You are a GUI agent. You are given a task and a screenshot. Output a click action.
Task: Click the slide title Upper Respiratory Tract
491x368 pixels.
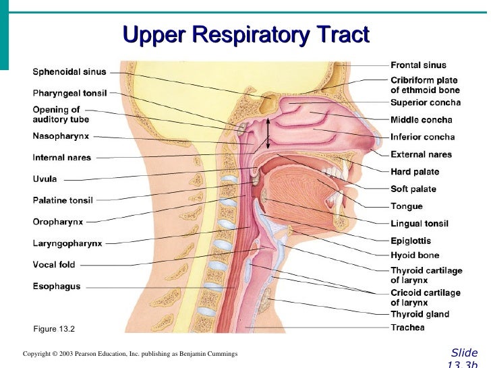246,34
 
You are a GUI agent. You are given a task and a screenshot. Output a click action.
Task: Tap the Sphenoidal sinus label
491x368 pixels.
69,71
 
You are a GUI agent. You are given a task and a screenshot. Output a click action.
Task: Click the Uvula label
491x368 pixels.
45,179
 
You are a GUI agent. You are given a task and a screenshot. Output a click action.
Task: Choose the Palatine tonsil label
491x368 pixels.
63,200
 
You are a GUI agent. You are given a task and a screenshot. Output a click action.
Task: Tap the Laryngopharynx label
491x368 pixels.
67,243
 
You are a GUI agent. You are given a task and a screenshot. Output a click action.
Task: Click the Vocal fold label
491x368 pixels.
55,265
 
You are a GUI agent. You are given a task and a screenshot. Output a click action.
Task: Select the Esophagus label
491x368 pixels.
57,286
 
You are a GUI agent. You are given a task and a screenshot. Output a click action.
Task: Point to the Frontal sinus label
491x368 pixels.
418,65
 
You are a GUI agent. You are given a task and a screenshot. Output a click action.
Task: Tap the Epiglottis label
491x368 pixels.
411,241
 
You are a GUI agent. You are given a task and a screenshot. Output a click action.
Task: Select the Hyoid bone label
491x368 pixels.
415,255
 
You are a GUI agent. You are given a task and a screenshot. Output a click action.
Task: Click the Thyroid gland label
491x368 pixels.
420,314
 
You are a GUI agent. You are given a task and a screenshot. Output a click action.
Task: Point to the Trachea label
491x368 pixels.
407,328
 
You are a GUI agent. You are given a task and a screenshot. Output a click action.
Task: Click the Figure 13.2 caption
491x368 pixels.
54,329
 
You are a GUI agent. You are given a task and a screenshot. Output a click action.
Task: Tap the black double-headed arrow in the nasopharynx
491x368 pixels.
268,133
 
